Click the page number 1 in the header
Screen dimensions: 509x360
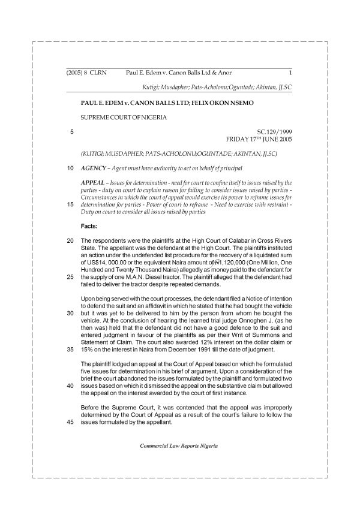tap(290, 73)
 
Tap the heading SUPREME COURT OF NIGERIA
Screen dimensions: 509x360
tap(124, 117)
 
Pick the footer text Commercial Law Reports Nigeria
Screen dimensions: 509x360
tap(179, 446)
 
